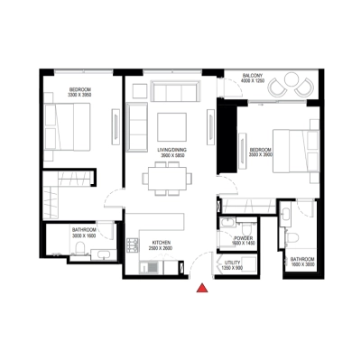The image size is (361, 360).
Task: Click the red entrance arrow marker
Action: (x=202, y=288)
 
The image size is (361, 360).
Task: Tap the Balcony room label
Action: (x=253, y=76)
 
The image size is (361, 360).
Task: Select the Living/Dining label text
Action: (x=166, y=150)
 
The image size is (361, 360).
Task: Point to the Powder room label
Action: (x=243, y=238)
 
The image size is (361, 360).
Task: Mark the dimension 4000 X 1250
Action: (x=254, y=82)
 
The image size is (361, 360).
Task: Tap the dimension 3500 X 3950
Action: (x=261, y=154)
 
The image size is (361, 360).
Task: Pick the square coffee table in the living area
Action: (x=171, y=126)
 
